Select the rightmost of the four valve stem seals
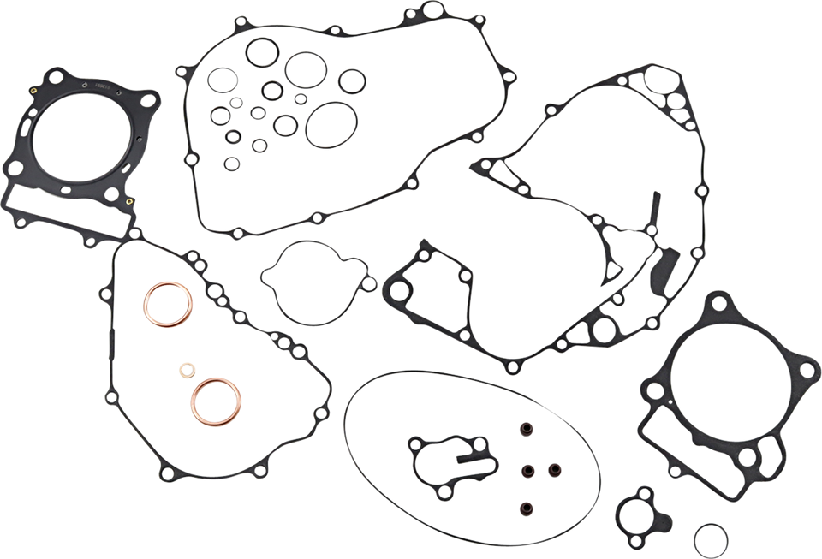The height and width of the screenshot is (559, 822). (x=553, y=468)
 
